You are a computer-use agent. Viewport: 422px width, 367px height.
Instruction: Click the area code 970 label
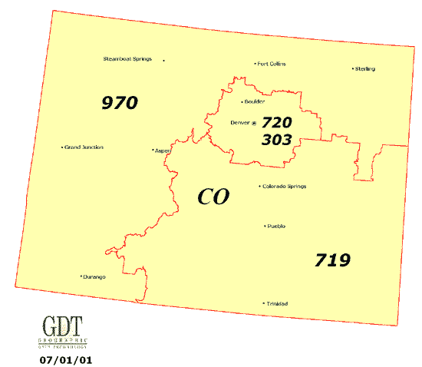[119, 102]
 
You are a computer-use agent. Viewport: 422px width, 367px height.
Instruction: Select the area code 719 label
[332, 260]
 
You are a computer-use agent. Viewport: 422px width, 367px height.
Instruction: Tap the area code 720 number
[277, 123]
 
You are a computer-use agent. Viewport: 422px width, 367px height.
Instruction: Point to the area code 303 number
[277, 141]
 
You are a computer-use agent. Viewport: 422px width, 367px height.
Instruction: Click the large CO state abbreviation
[213, 197]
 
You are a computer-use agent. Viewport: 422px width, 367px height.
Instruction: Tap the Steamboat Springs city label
[127, 59]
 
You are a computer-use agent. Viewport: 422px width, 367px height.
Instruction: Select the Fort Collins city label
[272, 64]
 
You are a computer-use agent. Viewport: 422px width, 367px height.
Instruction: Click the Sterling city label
[365, 69]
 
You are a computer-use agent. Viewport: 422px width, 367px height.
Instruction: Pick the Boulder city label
[254, 101]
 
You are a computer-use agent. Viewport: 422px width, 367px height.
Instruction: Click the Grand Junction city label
[84, 147]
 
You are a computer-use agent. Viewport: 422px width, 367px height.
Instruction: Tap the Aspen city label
[163, 150]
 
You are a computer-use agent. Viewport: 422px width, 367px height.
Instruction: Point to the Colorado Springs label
[285, 186]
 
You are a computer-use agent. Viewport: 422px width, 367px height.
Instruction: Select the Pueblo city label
[276, 226]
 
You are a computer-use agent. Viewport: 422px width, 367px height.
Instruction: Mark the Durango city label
[94, 276]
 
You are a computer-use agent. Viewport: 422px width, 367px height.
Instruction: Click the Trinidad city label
[275, 304]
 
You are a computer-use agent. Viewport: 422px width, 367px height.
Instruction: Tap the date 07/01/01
[61, 359]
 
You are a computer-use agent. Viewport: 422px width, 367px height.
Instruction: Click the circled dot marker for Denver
[254, 123]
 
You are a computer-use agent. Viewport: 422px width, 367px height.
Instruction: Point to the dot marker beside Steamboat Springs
[163, 60]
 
